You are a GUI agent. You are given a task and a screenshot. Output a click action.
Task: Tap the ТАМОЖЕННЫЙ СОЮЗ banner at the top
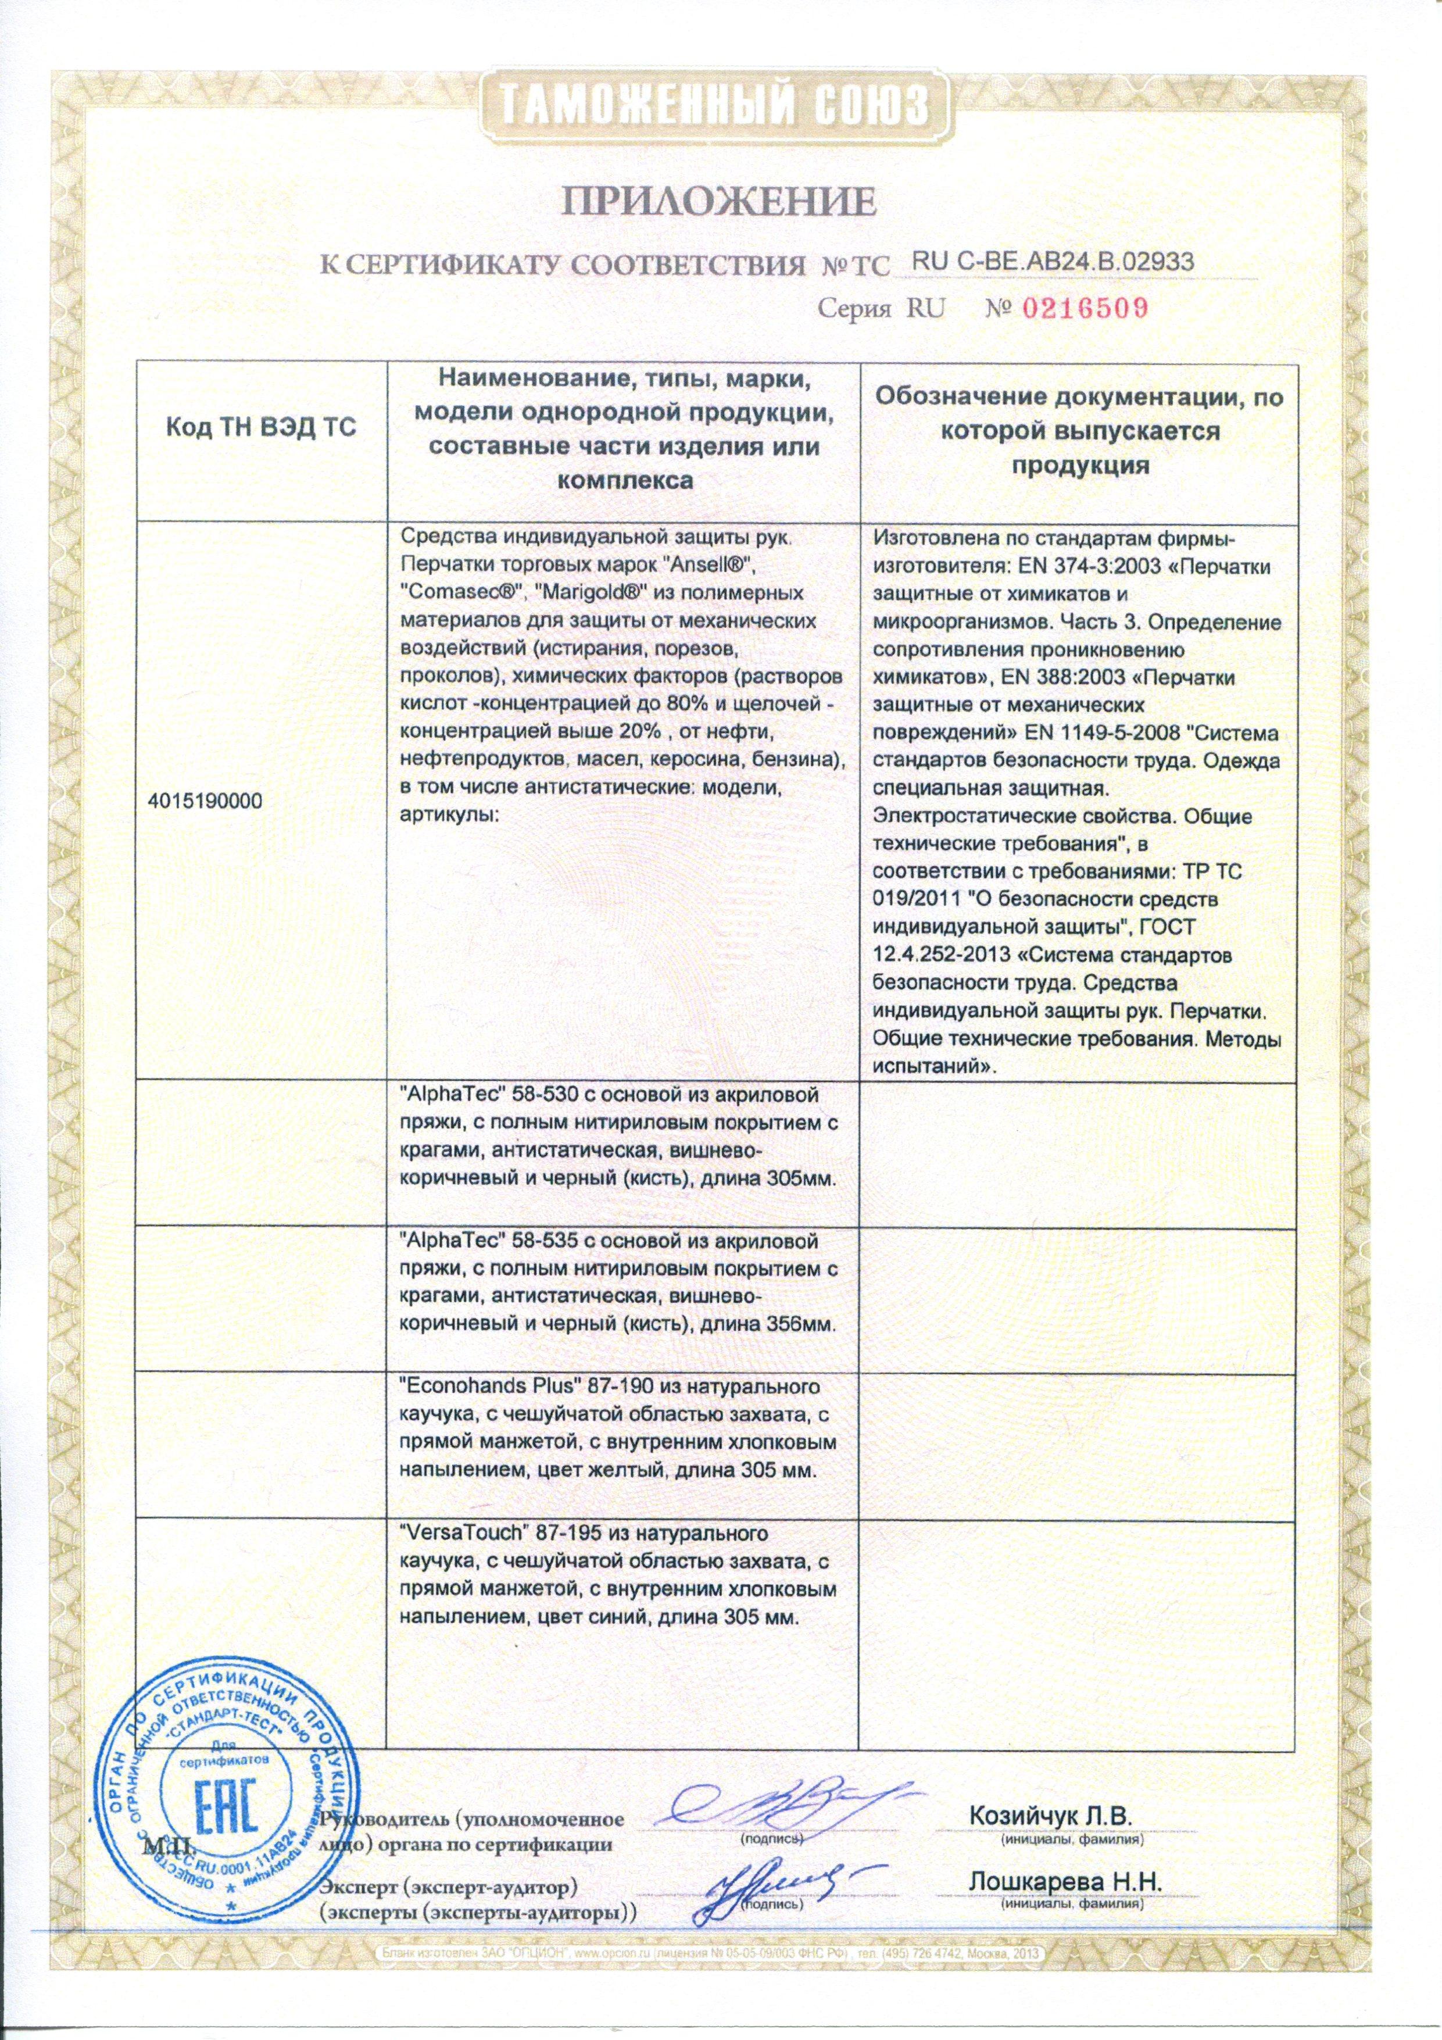click(720, 104)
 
